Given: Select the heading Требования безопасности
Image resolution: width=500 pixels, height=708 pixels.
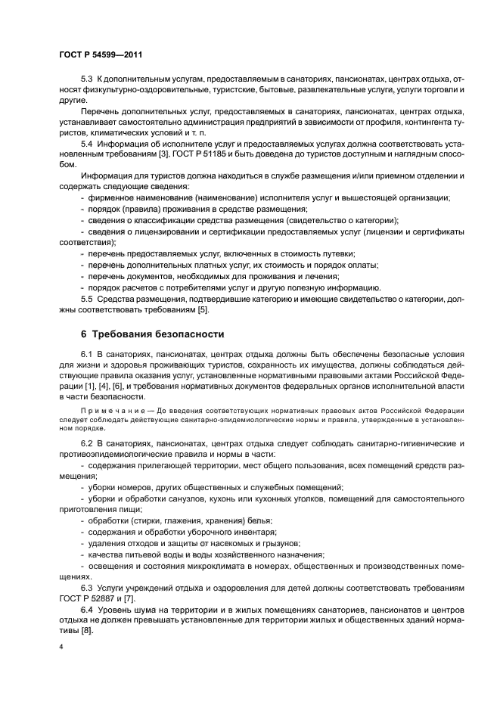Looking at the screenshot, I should [x=160, y=334].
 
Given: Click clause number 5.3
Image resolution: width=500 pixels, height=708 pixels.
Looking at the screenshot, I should [x=86, y=79].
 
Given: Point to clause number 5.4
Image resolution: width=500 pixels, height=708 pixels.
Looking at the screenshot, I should [x=86, y=141].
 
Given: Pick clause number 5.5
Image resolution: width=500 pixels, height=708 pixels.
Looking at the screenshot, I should [x=86, y=300].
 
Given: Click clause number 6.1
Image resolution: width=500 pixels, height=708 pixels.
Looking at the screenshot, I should [x=86, y=355].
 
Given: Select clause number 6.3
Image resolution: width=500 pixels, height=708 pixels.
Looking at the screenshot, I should [x=86, y=587].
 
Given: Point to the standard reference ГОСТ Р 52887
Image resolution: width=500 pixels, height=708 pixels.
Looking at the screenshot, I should [x=85, y=598].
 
